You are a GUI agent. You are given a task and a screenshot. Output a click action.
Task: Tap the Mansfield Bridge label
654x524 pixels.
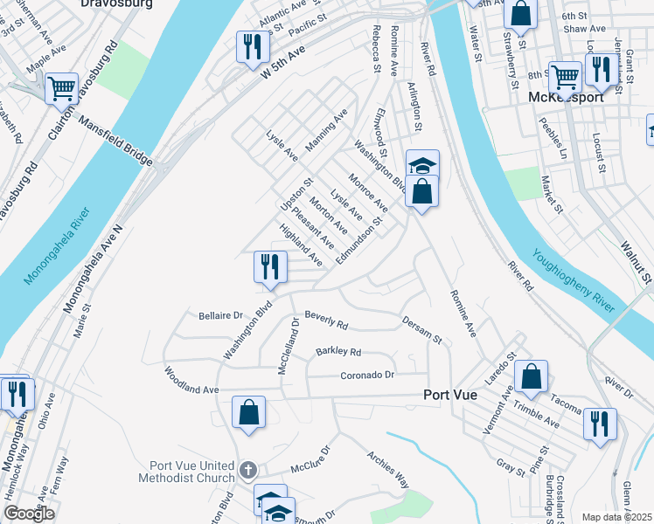(x=115, y=144)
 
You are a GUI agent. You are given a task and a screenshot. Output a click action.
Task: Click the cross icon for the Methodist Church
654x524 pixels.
(x=248, y=471)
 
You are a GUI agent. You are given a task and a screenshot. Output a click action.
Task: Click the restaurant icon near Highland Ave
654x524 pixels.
(x=269, y=266)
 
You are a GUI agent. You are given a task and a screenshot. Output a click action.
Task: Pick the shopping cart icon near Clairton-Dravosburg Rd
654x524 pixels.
(x=60, y=88)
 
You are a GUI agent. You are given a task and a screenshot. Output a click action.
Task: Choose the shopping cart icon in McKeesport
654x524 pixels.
(x=565, y=77)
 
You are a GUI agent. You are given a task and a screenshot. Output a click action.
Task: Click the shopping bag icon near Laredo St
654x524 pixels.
(x=531, y=376)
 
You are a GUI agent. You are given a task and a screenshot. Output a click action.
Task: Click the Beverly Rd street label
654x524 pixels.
(x=326, y=321)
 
